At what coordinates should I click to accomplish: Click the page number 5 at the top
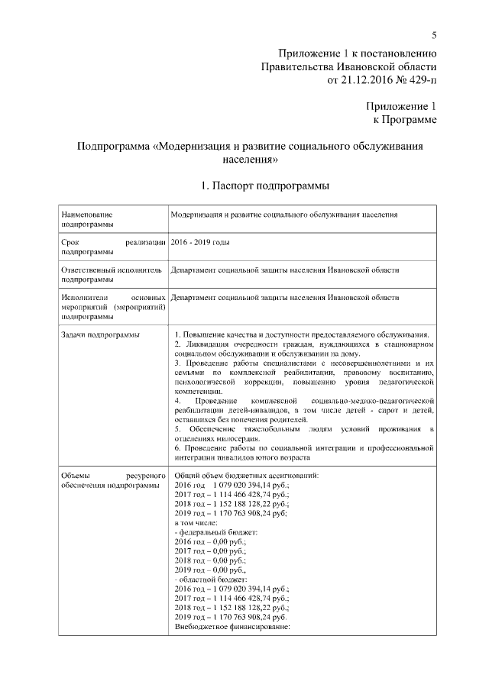433,35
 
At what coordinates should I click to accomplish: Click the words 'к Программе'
404,120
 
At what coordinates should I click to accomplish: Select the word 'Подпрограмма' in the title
113,146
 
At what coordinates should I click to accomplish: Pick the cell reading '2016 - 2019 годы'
201,242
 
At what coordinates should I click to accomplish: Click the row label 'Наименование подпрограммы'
86,220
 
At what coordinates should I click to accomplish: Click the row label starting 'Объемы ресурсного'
111,480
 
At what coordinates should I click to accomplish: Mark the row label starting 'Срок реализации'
111,247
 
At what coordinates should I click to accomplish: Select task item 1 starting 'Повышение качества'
303,335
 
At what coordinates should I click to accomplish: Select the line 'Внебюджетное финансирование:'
234,628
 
